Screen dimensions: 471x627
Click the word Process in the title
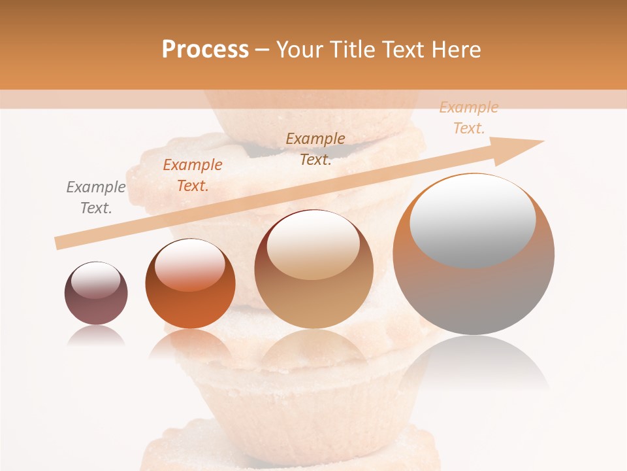(205, 50)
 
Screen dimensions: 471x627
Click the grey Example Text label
(95, 198)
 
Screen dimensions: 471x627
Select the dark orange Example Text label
(192, 175)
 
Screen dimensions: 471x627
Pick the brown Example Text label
(315, 149)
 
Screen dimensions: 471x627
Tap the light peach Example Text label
(468, 118)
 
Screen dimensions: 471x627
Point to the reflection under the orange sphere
(190, 343)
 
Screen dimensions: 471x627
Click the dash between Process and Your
(262, 50)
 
